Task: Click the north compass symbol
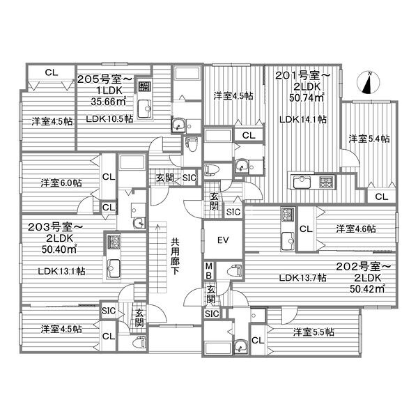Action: pos(368,83)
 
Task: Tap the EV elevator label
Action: pos(223,240)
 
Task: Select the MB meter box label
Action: pos(209,270)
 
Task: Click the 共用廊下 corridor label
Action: pos(175,256)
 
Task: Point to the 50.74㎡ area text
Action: pos(307,98)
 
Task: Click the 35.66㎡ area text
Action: pos(108,101)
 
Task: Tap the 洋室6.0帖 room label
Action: pos(61,183)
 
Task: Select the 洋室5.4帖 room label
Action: pos(369,139)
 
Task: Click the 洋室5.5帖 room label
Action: pos(313,332)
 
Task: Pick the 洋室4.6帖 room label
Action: pos(356,229)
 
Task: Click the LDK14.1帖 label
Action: pos(303,119)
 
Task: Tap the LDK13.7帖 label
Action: pos(303,278)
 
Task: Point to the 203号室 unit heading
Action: pos(55,227)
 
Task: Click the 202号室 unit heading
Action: pos(363,266)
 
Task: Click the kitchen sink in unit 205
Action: pos(144,109)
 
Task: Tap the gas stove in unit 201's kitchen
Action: pos(327,182)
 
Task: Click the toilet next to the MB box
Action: pos(234,270)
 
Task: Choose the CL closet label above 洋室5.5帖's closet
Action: pos(258,340)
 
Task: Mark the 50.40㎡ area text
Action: pos(59,249)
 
